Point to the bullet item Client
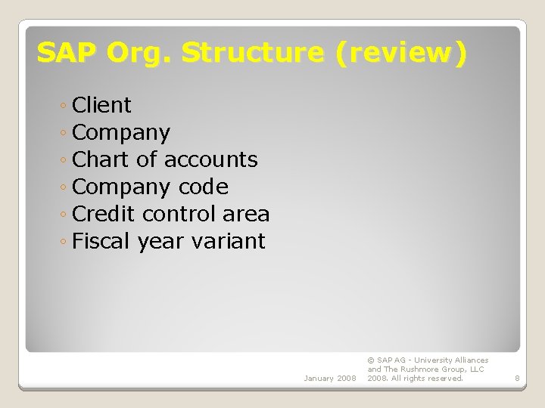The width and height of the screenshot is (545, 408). (101, 105)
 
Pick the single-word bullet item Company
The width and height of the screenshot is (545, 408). (121, 133)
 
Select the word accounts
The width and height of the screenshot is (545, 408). (210, 160)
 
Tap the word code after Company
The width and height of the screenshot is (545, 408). (203, 187)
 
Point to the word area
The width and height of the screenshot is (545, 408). (246, 215)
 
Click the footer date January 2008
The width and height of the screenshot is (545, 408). (329, 378)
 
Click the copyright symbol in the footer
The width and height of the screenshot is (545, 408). (371, 360)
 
